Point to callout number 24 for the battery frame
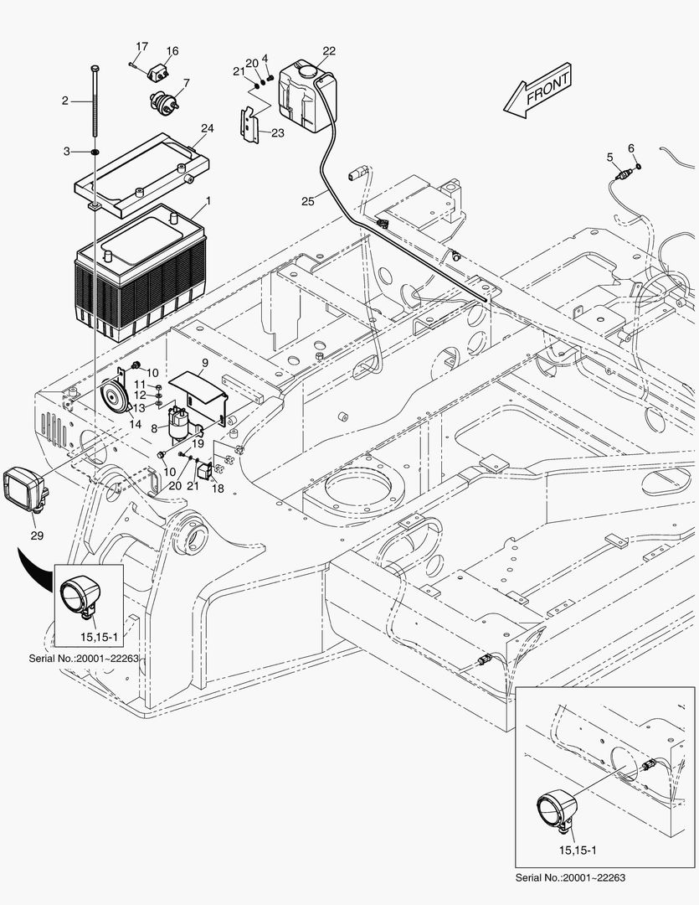(x=207, y=128)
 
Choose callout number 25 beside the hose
(x=310, y=200)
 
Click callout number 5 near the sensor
(x=609, y=157)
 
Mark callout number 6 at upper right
(x=631, y=148)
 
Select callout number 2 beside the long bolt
(x=64, y=101)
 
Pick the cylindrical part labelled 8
(x=177, y=421)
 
